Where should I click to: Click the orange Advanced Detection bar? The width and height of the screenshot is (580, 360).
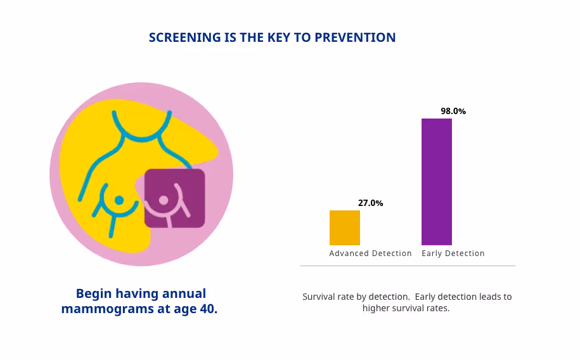(344, 228)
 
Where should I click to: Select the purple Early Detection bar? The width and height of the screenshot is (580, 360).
(436, 182)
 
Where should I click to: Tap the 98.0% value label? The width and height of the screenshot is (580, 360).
(453, 111)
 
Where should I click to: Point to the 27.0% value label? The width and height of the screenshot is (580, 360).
(370, 203)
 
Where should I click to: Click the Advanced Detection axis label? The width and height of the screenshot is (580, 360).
(370, 254)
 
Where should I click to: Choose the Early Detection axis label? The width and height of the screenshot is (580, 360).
(453, 254)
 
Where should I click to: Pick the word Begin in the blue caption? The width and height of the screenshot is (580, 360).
(93, 293)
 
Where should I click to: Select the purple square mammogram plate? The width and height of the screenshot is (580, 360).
(174, 198)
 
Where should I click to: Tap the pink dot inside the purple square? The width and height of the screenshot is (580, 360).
(164, 200)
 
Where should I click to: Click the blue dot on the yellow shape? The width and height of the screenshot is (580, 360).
(119, 200)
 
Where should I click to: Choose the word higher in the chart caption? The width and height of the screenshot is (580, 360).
(377, 308)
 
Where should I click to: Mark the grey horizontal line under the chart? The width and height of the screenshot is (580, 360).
(407, 266)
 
